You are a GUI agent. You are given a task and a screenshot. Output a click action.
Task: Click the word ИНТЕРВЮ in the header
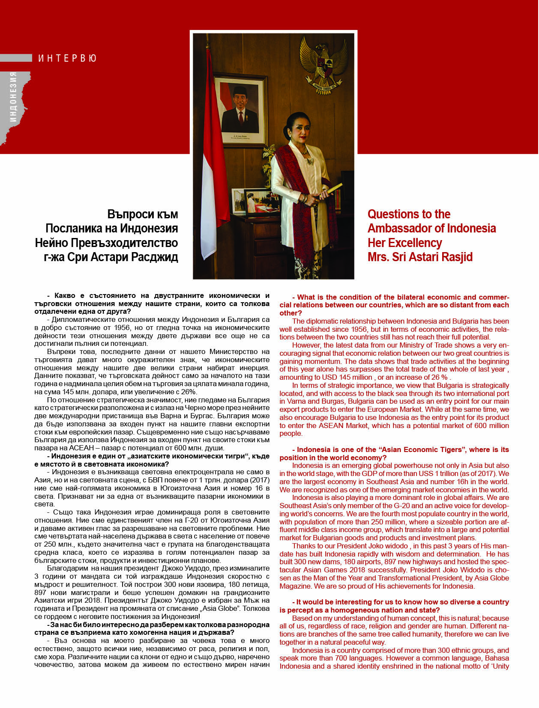67,58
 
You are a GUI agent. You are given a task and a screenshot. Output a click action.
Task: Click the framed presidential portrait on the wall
240,110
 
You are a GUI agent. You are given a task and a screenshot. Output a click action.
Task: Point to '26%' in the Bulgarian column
189,392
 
